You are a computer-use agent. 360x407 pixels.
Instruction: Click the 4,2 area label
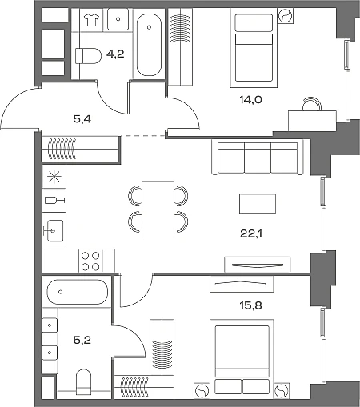point(115,54)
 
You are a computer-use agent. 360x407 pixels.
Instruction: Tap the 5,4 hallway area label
point(82,119)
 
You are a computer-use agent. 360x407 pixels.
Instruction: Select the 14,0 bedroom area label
point(250,100)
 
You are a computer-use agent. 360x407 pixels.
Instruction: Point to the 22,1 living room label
point(251,233)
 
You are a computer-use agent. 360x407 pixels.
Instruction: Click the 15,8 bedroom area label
point(250,305)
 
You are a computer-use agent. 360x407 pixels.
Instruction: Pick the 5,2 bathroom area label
point(82,340)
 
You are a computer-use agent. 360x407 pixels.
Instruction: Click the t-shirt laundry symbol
point(91,20)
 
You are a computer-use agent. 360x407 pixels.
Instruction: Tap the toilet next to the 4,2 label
point(88,56)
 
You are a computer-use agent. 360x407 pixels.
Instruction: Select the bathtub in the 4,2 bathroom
point(149,45)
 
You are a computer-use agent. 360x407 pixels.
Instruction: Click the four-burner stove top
point(90,261)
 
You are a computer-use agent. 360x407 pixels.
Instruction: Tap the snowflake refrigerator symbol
point(54,177)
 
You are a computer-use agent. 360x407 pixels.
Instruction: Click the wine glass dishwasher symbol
point(54,200)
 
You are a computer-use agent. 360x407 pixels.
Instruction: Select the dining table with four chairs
point(158,209)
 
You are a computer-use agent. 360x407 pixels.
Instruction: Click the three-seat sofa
point(258,158)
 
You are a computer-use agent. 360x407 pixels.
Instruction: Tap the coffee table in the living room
point(258,204)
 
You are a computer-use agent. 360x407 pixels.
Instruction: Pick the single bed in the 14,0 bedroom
point(254,47)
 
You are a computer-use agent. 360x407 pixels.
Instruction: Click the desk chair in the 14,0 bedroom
point(311,103)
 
